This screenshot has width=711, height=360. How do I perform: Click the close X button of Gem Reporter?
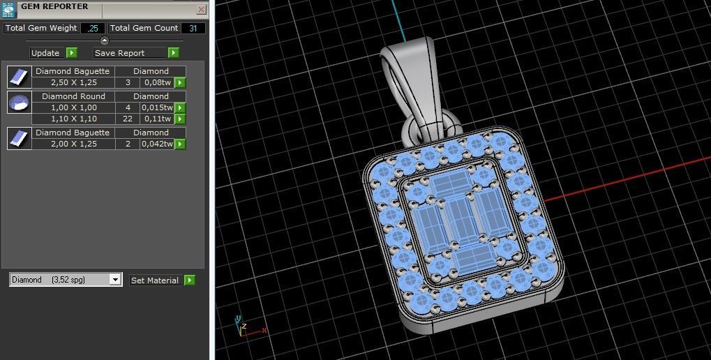(x=201, y=9)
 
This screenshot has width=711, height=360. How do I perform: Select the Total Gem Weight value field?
(x=92, y=28)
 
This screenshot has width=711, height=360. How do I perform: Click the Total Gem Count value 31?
(x=193, y=28)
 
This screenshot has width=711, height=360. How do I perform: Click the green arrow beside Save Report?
(x=173, y=53)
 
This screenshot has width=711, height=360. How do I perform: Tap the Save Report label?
(x=119, y=53)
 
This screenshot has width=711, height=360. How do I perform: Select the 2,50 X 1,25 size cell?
(x=74, y=82)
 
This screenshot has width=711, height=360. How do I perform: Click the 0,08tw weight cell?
(x=157, y=82)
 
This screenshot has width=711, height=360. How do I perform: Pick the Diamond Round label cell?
(x=74, y=96)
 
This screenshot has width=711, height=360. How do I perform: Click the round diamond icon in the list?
(x=19, y=103)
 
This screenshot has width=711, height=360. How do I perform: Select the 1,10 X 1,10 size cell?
(x=74, y=119)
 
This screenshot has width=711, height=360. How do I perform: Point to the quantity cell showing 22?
(x=128, y=119)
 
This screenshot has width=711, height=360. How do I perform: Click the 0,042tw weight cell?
(x=157, y=144)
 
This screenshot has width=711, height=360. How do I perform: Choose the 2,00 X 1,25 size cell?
(x=74, y=144)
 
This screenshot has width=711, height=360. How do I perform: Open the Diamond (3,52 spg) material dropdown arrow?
(x=115, y=280)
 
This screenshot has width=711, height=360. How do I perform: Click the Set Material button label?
(x=155, y=280)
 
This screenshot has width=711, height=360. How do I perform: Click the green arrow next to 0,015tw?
(x=180, y=107)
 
